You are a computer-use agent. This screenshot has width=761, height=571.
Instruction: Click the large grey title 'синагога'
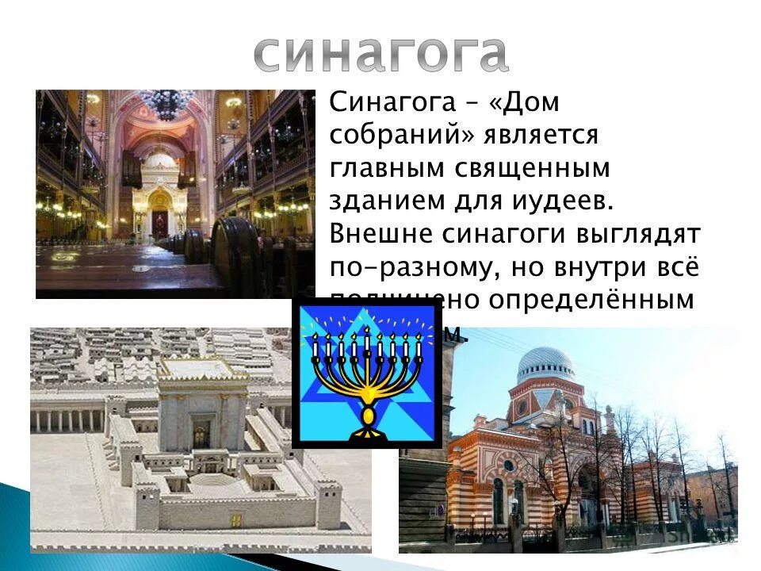pyautogui.click(x=381, y=53)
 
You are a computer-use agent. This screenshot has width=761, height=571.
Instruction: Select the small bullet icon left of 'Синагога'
pyautogui.click(x=319, y=99)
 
